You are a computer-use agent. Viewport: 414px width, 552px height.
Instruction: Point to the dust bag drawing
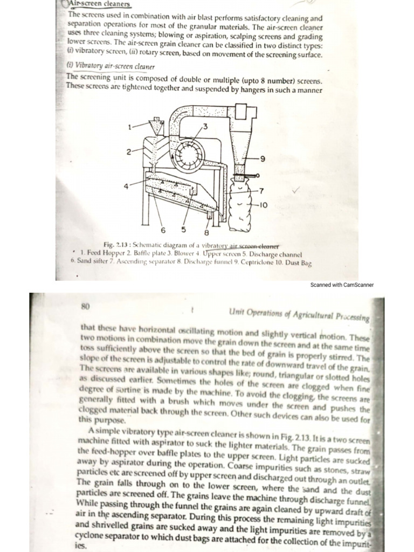click(241, 205)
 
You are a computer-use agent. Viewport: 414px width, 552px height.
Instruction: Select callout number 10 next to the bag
click(264, 205)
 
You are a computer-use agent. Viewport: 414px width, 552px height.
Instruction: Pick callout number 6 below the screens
click(163, 231)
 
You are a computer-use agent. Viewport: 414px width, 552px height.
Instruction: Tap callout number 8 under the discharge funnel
click(206, 233)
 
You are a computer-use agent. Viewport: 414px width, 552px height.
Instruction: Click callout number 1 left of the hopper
click(129, 127)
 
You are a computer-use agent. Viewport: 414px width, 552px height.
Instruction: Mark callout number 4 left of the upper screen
click(126, 186)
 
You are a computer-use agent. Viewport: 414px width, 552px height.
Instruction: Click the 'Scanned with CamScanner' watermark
click(342, 285)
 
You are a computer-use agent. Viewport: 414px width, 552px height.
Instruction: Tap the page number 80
click(85, 306)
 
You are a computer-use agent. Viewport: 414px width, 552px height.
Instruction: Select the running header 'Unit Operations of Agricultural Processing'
click(299, 315)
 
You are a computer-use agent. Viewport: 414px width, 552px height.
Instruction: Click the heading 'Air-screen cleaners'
click(100, 4)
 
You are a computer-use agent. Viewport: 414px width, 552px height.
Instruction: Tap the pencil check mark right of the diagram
click(295, 190)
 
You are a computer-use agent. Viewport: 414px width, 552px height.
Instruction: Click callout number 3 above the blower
click(205, 126)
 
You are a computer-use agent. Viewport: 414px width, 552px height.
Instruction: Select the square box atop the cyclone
click(241, 113)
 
